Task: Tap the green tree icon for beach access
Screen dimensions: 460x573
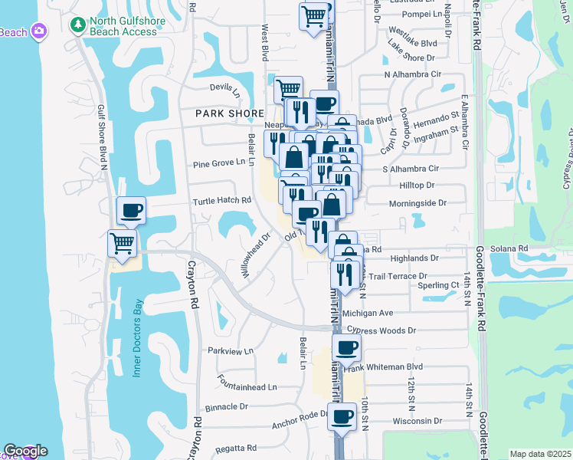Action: click(77, 25)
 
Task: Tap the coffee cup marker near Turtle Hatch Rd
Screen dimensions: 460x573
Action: click(130, 210)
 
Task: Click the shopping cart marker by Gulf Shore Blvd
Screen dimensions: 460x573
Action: click(122, 245)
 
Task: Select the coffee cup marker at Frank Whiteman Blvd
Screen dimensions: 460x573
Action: click(346, 347)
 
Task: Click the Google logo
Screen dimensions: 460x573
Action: click(25, 451)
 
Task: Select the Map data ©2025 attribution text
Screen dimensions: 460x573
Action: click(540, 454)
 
